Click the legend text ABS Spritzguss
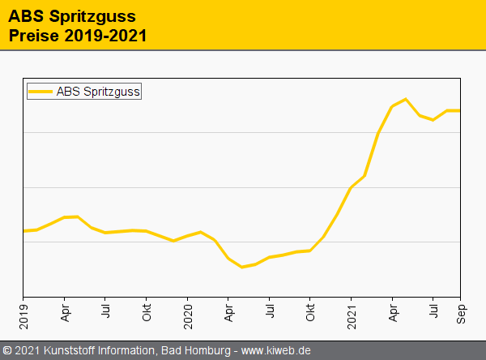click(99, 92)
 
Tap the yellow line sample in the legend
click(41, 92)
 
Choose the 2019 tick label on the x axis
click(23, 312)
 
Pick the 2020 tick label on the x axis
click(188, 312)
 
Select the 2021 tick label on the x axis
click(352, 312)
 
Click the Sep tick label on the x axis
click(460, 310)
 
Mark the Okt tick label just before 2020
click(147, 310)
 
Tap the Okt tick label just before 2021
click(310, 310)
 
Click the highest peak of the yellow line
click(406, 99)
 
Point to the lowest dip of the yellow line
click(241, 267)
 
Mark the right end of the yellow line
click(459, 110)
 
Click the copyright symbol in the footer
click(7, 350)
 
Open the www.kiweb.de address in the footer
click(276, 350)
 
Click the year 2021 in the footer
click(28, 350)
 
